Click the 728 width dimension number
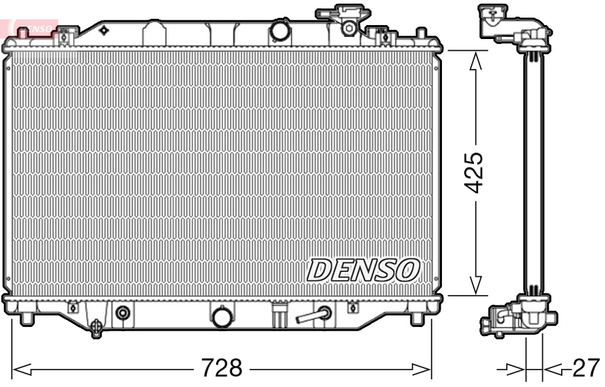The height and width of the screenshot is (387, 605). (221, 367)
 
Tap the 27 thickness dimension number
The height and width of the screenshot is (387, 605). (585, 367)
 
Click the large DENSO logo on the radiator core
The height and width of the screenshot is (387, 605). (363, 269)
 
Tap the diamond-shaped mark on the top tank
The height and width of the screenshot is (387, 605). (104, 30)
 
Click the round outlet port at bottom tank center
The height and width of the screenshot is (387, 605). (222, 316)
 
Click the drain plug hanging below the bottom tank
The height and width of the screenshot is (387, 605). (96, 325)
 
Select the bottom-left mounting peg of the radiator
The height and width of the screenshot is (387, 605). (26, 319)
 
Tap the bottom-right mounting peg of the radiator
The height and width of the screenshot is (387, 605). (418, 319)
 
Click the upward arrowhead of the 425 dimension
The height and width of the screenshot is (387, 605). (476, 63)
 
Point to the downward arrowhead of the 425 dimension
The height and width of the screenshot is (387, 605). (476, 284)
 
